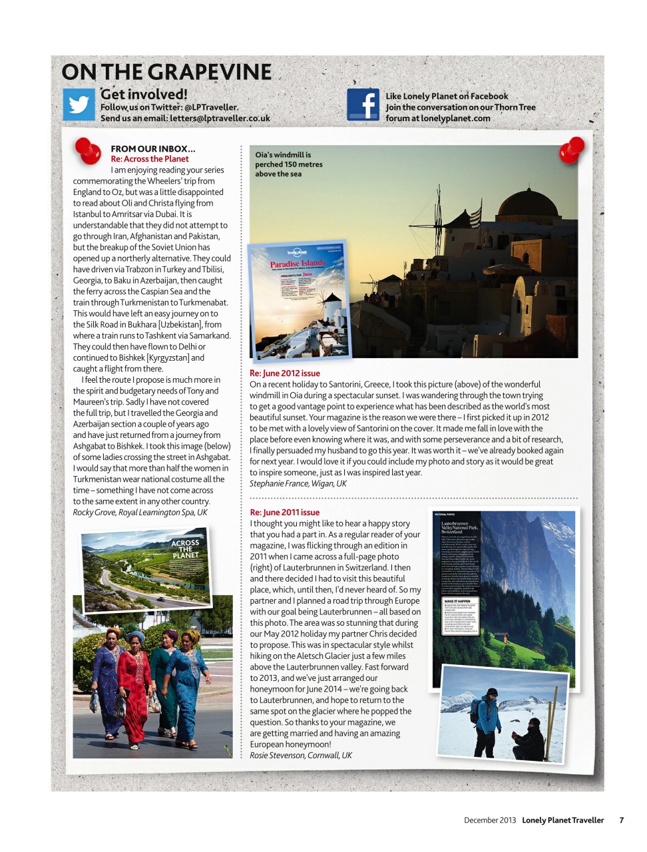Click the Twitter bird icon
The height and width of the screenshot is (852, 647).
79,105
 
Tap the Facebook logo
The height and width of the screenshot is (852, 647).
363,105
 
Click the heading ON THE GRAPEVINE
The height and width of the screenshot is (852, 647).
166,72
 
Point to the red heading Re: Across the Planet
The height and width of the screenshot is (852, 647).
150,159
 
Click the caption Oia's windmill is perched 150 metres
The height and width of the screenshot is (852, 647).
288,164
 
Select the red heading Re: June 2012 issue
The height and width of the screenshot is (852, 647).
285,373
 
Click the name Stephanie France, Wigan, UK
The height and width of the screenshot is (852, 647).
298,484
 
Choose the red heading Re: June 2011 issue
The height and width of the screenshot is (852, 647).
284,513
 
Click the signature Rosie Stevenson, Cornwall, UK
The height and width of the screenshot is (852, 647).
301,755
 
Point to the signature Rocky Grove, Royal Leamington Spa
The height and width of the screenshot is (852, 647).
140,513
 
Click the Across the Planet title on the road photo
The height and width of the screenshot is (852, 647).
185,549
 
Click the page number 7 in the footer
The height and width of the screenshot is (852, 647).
621,820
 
